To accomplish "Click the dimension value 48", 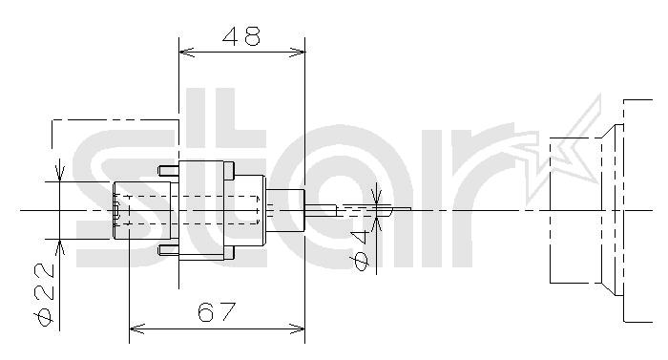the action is pos(241,36).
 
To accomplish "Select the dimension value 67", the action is pos(217,312).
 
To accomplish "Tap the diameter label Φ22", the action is pos(44,294).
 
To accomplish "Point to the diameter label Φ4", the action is pos(362,250).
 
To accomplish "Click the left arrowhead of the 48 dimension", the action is pos(187,52).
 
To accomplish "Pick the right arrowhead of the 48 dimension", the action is pos(298,52).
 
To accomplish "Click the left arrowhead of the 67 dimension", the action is pos(136,328).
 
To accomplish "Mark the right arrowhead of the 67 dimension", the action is pos(298,328).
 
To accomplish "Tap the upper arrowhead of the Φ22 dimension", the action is pos(59,171).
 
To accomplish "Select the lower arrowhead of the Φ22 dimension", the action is pos(59,248).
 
